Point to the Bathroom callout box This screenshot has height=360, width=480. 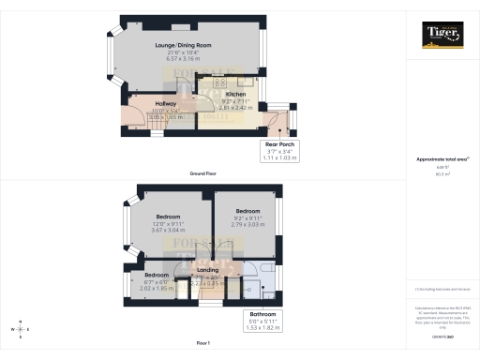point(262,320)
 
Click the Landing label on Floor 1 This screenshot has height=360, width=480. point(207,270)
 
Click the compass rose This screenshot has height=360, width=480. point(21,329)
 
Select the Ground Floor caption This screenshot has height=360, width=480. point(203,173)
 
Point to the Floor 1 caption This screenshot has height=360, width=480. point(203,346)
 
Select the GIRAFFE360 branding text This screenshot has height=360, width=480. point(442,334)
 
